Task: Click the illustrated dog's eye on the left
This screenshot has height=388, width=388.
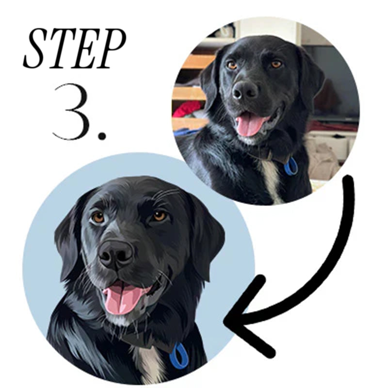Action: [98, 217]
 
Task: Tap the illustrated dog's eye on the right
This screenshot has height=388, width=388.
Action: [159, 215]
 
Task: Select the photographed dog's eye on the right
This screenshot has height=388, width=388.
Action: [276, 64]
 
